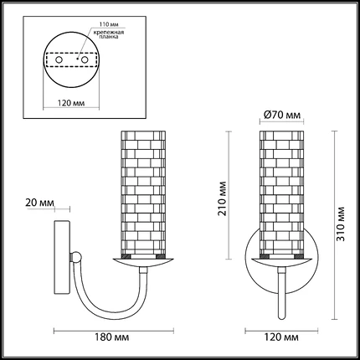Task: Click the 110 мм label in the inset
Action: point(107,23)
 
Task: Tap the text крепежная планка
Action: point(109,34)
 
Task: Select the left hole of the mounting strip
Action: point(59,59)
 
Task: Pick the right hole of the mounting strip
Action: point(85,59)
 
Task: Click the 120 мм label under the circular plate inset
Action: point(71,103)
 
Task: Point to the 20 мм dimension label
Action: point(39,203)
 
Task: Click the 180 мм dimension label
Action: point(111,337)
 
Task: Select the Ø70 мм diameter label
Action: point(282,115)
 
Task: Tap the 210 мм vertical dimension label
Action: point(223,198)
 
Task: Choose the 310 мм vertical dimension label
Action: point(341,224)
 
